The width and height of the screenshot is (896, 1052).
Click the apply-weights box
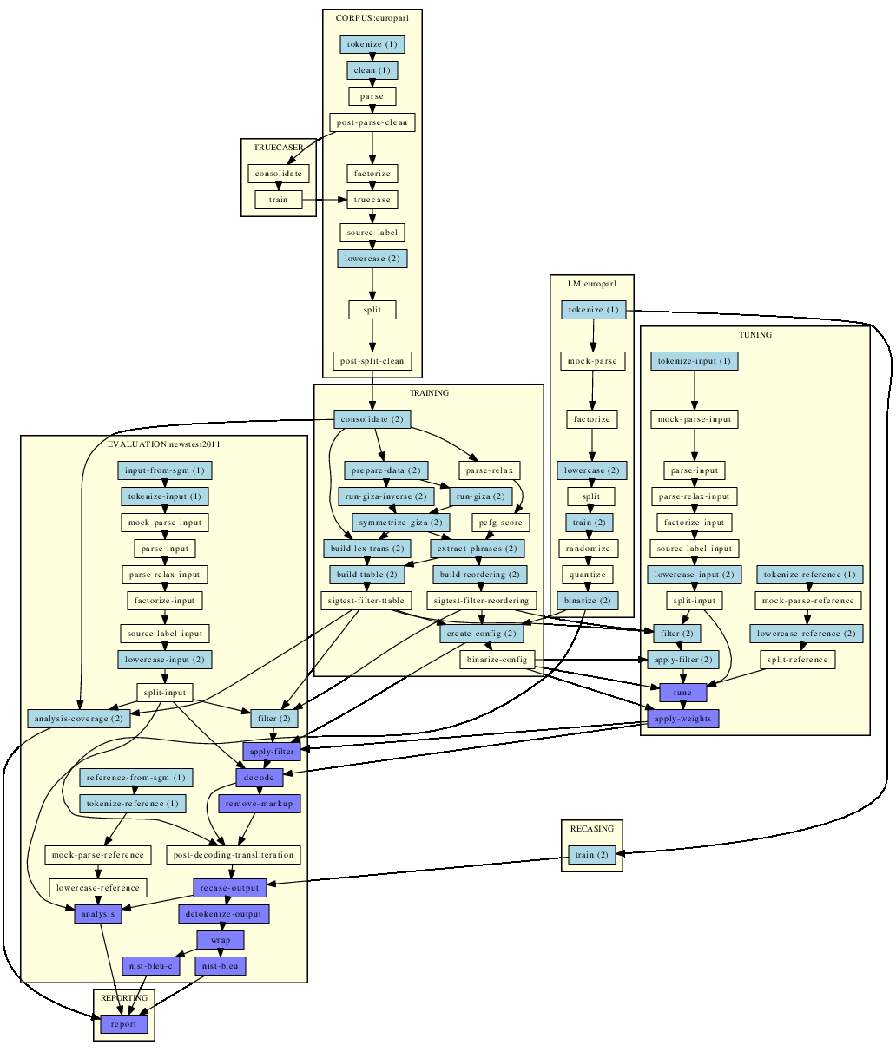pos(682,719)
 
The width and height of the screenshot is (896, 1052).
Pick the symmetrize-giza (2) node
pos(400,523)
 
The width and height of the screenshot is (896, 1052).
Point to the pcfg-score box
pos(500,523)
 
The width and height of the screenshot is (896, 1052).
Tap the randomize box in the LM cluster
pos(588,549)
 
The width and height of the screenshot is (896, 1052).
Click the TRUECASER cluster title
pos(279,148)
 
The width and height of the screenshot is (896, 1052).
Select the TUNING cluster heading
pos(755,335)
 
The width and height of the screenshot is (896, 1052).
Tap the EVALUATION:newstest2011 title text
pos(164,444)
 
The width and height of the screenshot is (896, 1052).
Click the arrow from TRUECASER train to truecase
pos(325,200)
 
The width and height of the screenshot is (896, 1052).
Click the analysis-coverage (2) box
pos(79,719)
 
